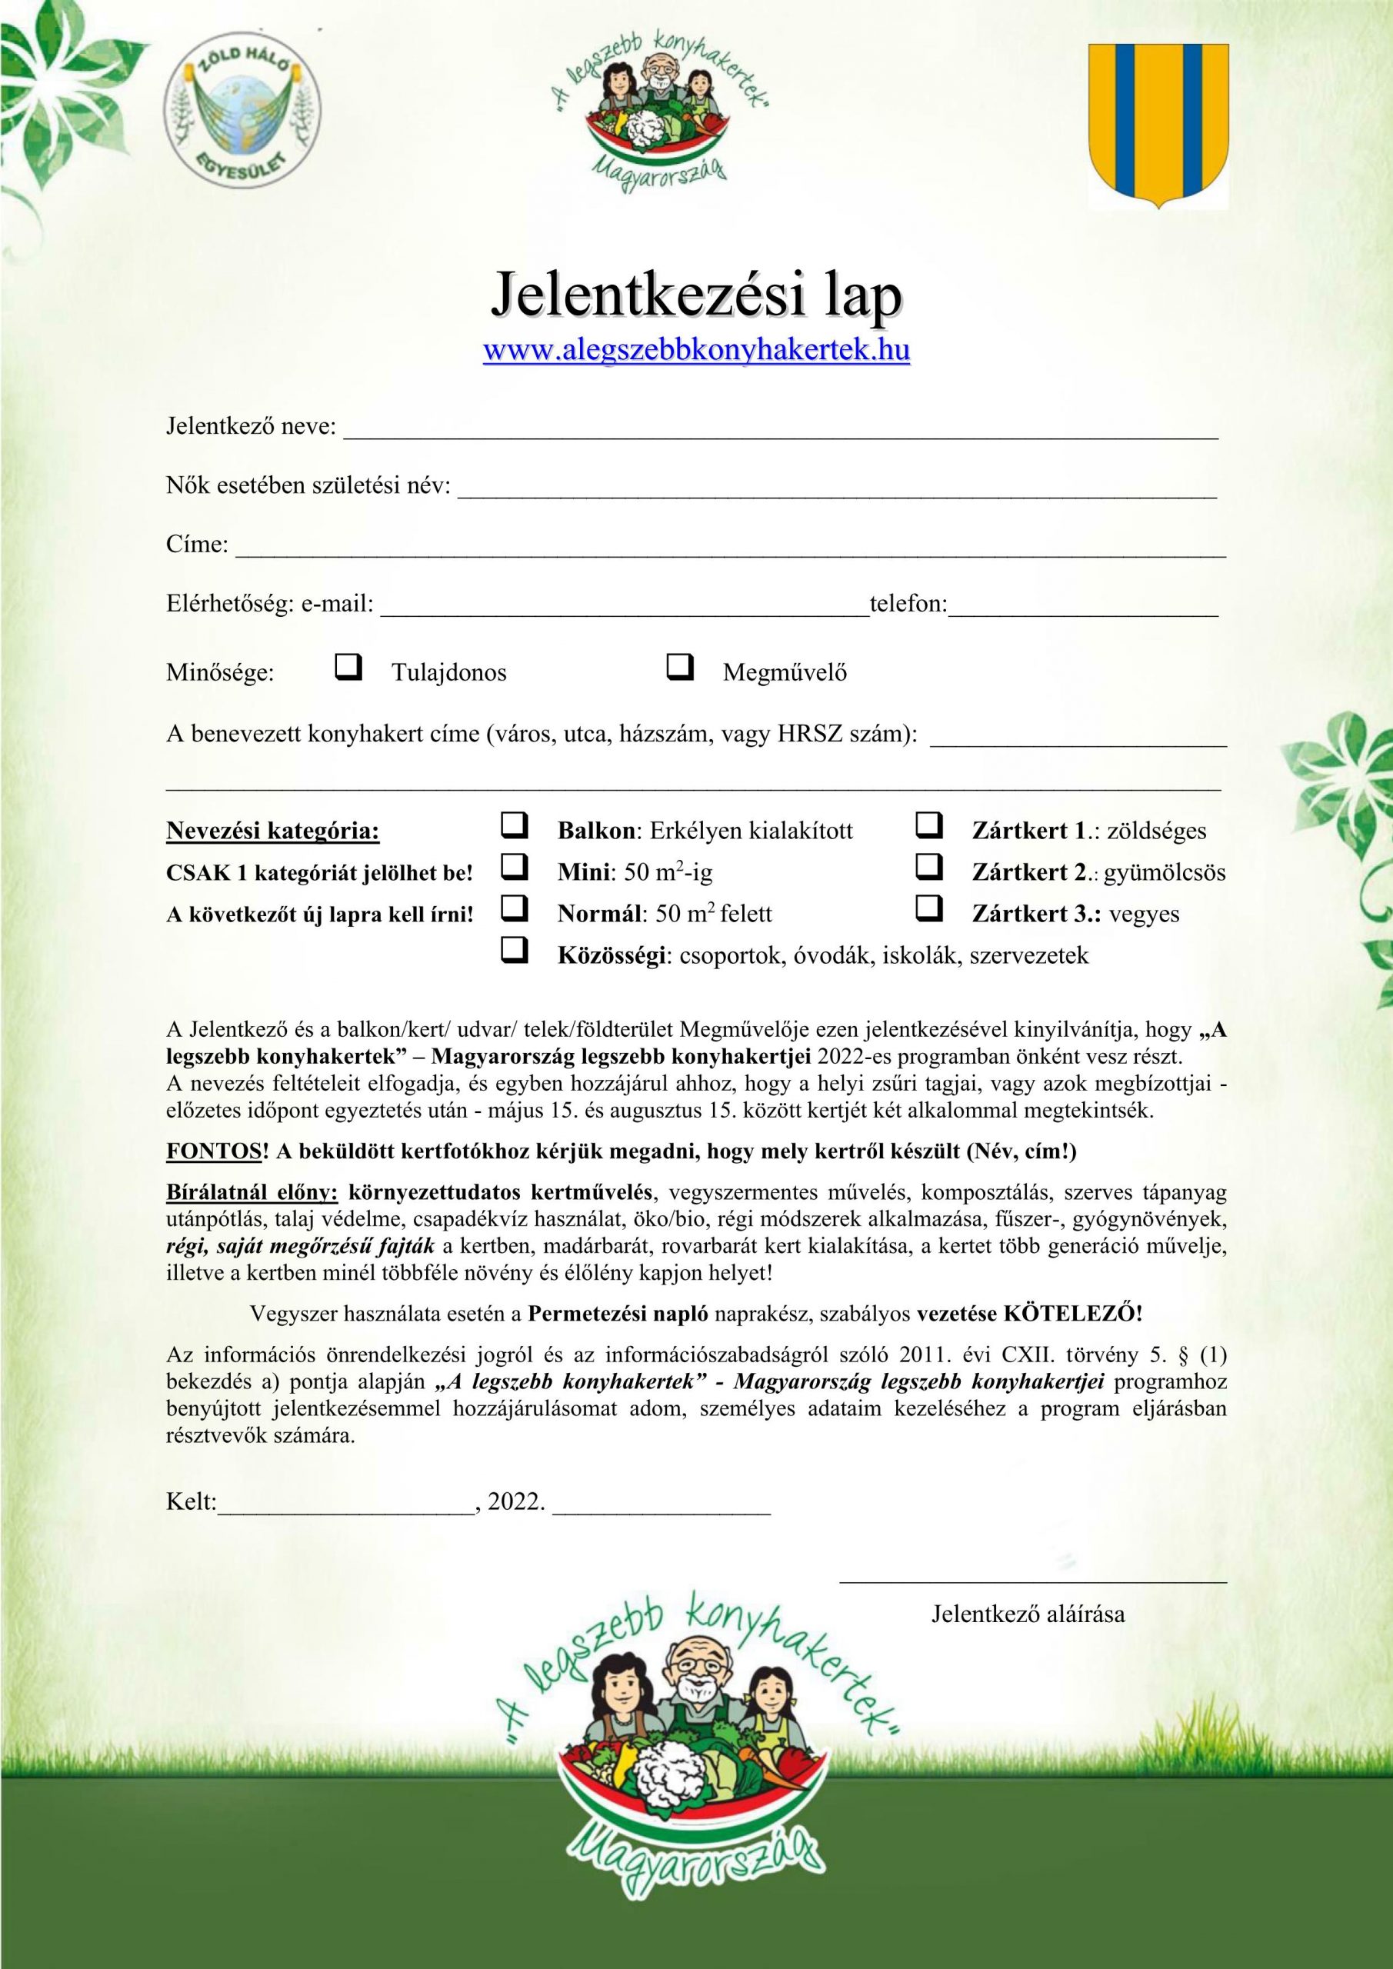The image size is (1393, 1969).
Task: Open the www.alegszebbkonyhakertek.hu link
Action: click(x=697, y=351)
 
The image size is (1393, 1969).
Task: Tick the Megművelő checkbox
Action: click(x=679, y=665)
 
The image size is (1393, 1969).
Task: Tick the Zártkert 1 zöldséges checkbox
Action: click(x=929, y=825)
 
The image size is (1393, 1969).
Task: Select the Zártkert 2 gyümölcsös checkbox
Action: click(x=929, y=867)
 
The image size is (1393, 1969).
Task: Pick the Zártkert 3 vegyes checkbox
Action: click(x=929, y=908)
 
